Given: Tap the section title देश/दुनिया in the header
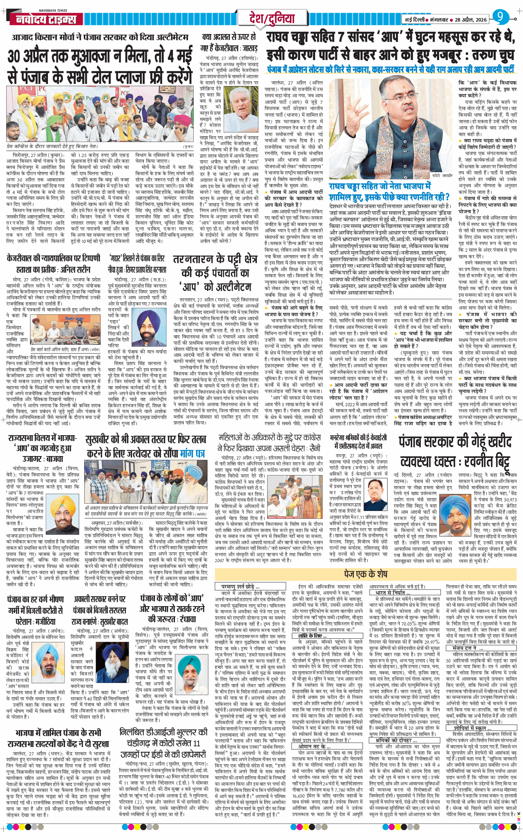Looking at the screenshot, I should pos(272,18).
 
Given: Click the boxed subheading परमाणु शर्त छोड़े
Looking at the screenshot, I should pos(242,586).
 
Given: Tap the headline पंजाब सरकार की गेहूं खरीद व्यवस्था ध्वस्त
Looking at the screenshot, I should pos(455,452).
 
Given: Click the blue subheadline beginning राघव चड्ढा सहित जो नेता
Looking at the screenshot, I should pos(389,191).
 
